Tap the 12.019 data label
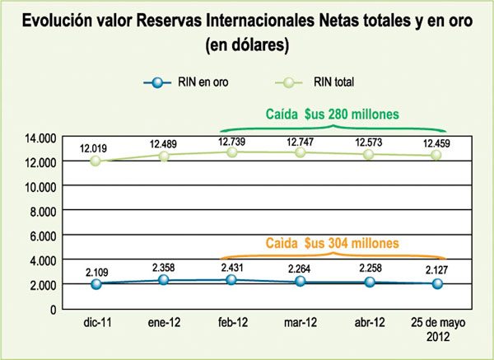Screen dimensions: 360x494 pyautogui.click(x=96, y=148)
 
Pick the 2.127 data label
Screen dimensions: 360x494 pyautogui.click(x=436, y=271)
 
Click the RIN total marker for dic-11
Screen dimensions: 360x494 pyautogui.click(x=96, y=161)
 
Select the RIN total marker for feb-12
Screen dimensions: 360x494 pyautogui.click(x=232, y=152)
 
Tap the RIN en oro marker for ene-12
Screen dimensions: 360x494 pyautogui.click(x=165, y=280)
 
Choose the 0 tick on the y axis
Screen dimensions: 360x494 pyautogui.click(x=52, y=309)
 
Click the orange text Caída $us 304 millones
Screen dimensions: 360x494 pyautogui.click(x=332, y=244)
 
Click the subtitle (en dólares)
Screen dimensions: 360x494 pyautogui.click(x=247, y=46)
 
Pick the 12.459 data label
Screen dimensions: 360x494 pyautogui.click(x=436, y=144)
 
